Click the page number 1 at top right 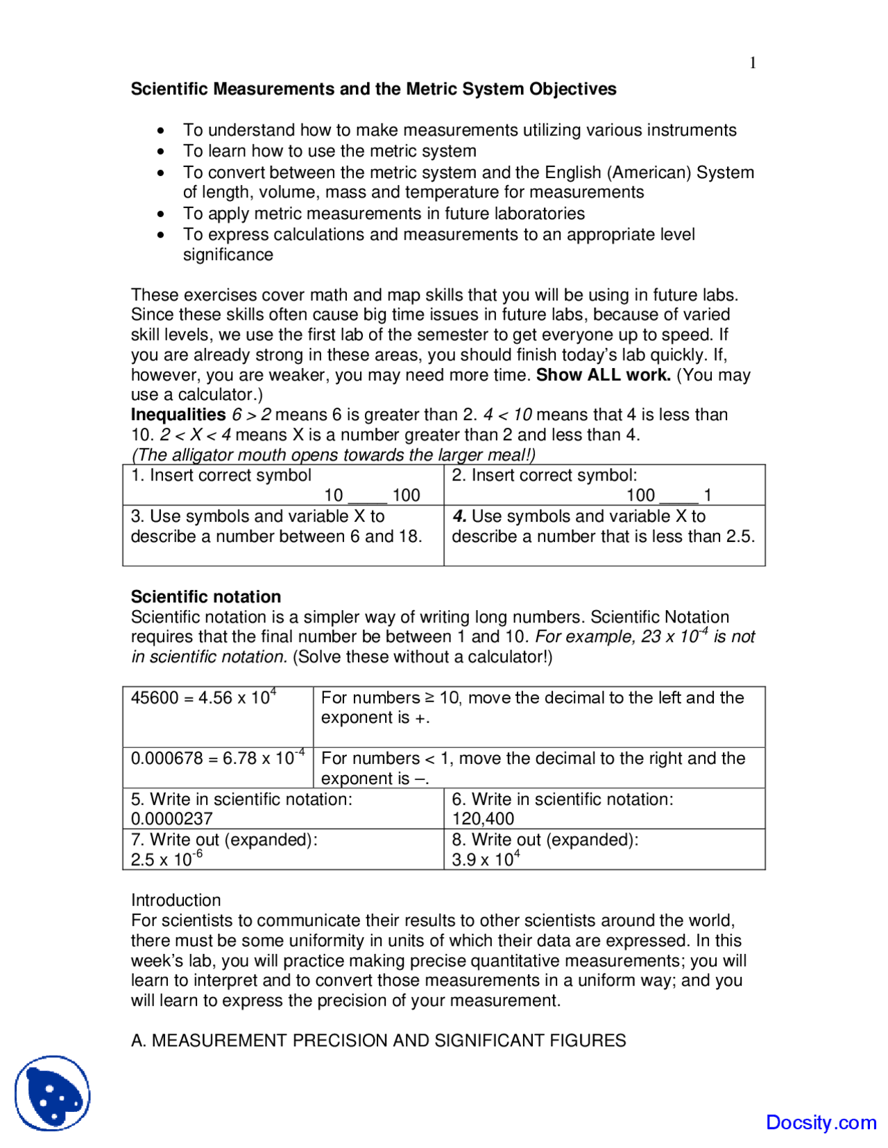click(x=753, y=63)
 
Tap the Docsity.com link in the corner click(x=821, y=1122)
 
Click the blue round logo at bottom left click(x=53, y=1093)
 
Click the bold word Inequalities click(x=178, y=415)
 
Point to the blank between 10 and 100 click(x=367, y=496)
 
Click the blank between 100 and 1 click(x=678, y=496)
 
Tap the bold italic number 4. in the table click(x=459, y=516)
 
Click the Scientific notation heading click(x=206, y=597)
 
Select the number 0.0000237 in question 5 click(x=171, y=819)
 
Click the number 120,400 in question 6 click(x=483, y=819)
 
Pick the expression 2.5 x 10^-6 click(x=166, y=859)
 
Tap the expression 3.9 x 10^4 click(x=485, y=859)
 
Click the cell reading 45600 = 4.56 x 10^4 click(x=203, y=698)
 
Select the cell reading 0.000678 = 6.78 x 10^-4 click(x=217, y=758)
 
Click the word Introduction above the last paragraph click(x=176, y=901)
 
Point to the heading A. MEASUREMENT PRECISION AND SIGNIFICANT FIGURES click(x=378, y=1041)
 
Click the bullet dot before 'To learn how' click(x=161, y=151)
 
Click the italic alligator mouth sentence click(x=333, y=455)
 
